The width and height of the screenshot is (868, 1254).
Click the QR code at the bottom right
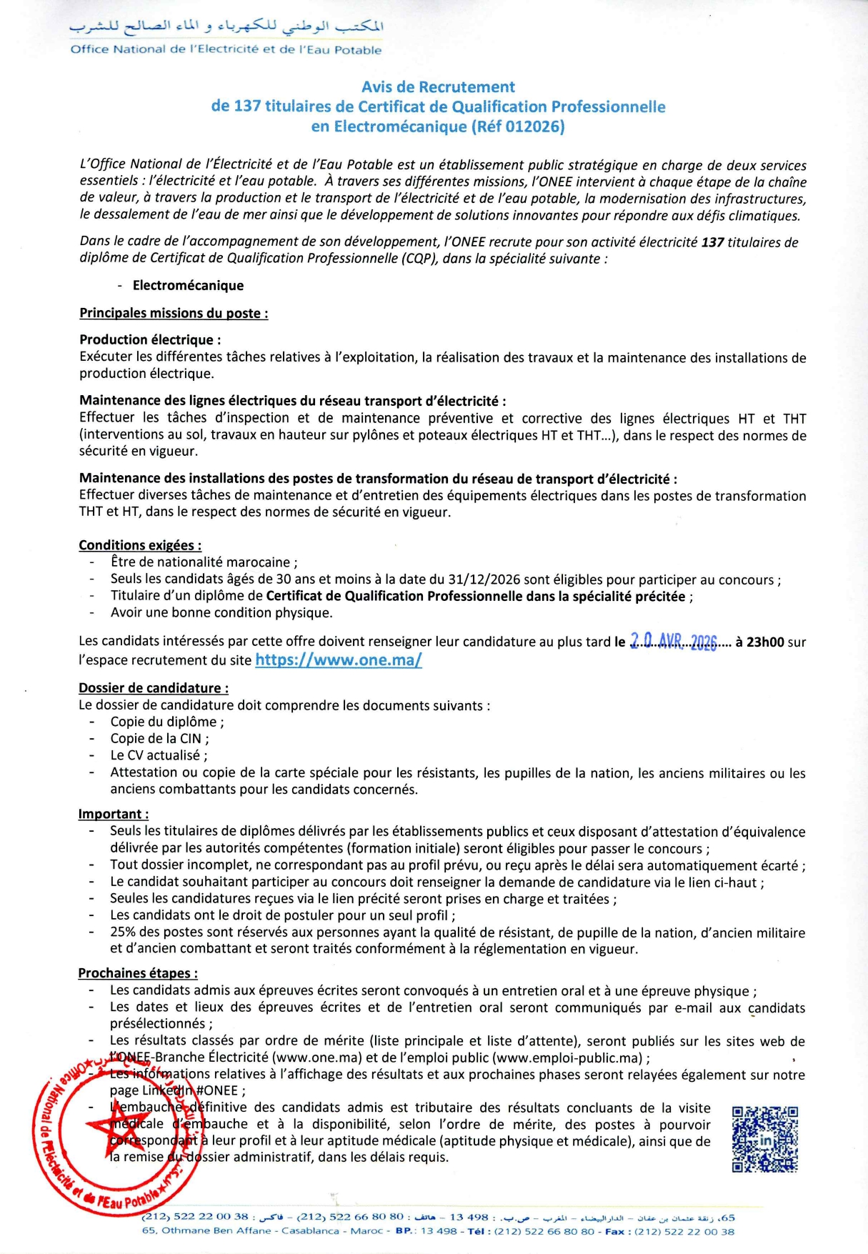(764, 1139)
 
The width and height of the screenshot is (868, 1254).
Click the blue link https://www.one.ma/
(339, 660)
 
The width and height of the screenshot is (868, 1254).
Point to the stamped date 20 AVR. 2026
(673, 642)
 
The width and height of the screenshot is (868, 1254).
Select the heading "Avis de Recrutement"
(438, 87)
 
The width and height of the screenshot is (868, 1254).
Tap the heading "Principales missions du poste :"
(174, 313)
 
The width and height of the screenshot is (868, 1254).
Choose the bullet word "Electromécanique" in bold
(188, 286)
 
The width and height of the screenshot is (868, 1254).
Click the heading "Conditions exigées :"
(140, 545)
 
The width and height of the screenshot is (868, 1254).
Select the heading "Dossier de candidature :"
(154, 688)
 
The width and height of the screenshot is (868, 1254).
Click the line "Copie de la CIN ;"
(159, 739)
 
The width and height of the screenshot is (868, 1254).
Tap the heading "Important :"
(114, 814)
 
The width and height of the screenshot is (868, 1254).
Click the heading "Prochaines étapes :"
(138, 973)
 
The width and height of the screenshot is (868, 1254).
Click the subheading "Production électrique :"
(150, 340)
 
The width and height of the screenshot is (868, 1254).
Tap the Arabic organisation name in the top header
(226, 27)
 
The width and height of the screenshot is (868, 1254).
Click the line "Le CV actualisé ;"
(159, 755)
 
